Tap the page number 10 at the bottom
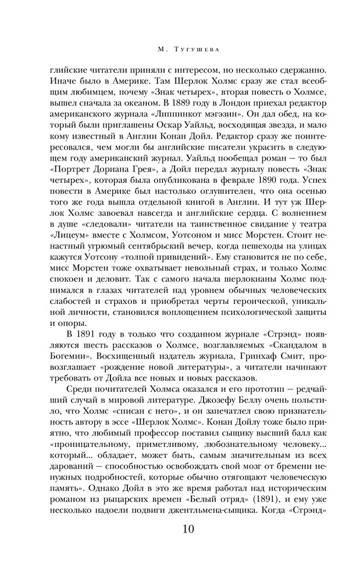point(180,529)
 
